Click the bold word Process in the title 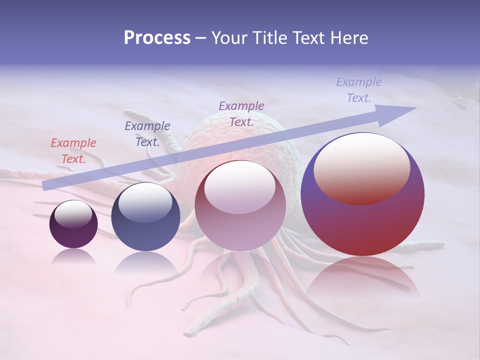click(157, 38)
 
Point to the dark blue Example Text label click(147, 134)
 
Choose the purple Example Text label click(241, 113)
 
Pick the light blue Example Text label click(359, 90)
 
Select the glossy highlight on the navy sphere click(145, 203)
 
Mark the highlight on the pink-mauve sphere click(240, 187)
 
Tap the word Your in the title click(230, 38)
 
